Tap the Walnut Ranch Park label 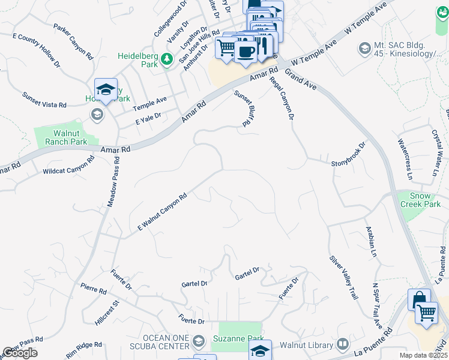pos(61,137)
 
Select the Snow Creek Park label pos(425,200)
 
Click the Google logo pos(20,353)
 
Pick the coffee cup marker pos(245,50)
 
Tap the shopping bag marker pos(418,299)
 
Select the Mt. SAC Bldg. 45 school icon pos(364,47)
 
